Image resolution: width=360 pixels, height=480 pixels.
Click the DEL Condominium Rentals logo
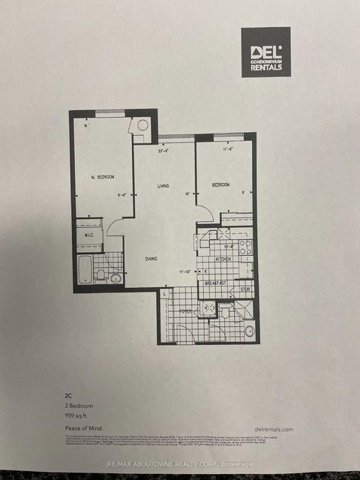265,52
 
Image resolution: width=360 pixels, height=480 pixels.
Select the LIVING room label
163,186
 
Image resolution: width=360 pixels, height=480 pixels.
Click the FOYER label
185,309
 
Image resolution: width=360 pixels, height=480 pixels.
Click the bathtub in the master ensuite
85,269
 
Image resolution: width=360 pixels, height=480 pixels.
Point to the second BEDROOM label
220,184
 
